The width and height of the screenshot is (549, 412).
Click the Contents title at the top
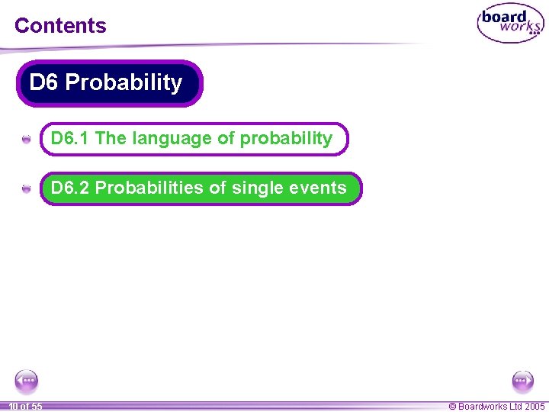pyautogui.click(x=60, y=25)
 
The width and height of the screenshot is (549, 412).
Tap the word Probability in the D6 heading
pyautogui.click(x=124, y=82)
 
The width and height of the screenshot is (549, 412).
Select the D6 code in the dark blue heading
pyautogui.click(x=43, y=82)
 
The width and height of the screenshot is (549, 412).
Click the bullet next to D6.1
pyautogui.click(x=27, y=140)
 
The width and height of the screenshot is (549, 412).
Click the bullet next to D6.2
pyautogui.click(x=27, y=188)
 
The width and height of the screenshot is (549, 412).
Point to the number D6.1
pyautogui.click(x=70, y=139)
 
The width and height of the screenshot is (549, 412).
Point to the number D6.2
pyautogui.click(x=70, y=188)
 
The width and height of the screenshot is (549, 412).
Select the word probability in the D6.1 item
pyautogui.click(x=286, y=139)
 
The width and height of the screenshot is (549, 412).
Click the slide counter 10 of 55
pyautogui.click(x=25, y=407)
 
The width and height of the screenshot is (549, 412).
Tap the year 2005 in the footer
pyautogui.click(x=535, y=407)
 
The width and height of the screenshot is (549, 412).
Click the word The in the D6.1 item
pyautogui.click(x=111, y=139)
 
